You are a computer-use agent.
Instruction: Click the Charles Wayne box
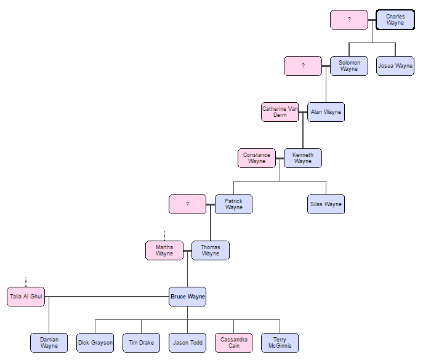tap(395, 20)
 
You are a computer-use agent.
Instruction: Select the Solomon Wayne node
tap(349, 66)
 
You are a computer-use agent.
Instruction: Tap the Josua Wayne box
tap(395, 66)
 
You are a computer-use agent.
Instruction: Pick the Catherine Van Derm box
tap(280, 112)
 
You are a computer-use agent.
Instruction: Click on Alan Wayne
tap(326, 112)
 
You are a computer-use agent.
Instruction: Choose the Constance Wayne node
tap(257, 158)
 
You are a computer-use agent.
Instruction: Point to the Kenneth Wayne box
tap(303, 158)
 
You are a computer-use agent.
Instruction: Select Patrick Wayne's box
tap(233, 204)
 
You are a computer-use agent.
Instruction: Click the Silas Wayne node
tap(326, 204)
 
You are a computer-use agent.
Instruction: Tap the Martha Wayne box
tap(164, 250)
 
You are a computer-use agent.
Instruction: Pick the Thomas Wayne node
tap(211, 250)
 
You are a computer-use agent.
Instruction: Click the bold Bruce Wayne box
tap(188, 297)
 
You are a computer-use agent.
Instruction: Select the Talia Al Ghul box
tap(26, 297)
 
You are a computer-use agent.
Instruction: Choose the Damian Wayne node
tap(49, 343)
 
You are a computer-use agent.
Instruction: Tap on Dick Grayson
tap(95, 343)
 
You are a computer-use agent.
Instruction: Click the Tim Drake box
tap(141, 343)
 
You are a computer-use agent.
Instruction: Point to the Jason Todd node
tap(188, 343)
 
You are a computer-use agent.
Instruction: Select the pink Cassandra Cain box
tap(233, 343)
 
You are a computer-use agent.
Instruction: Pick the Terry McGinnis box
tap(280, 343)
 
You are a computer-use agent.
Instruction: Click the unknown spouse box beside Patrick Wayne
tap(188, 204)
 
